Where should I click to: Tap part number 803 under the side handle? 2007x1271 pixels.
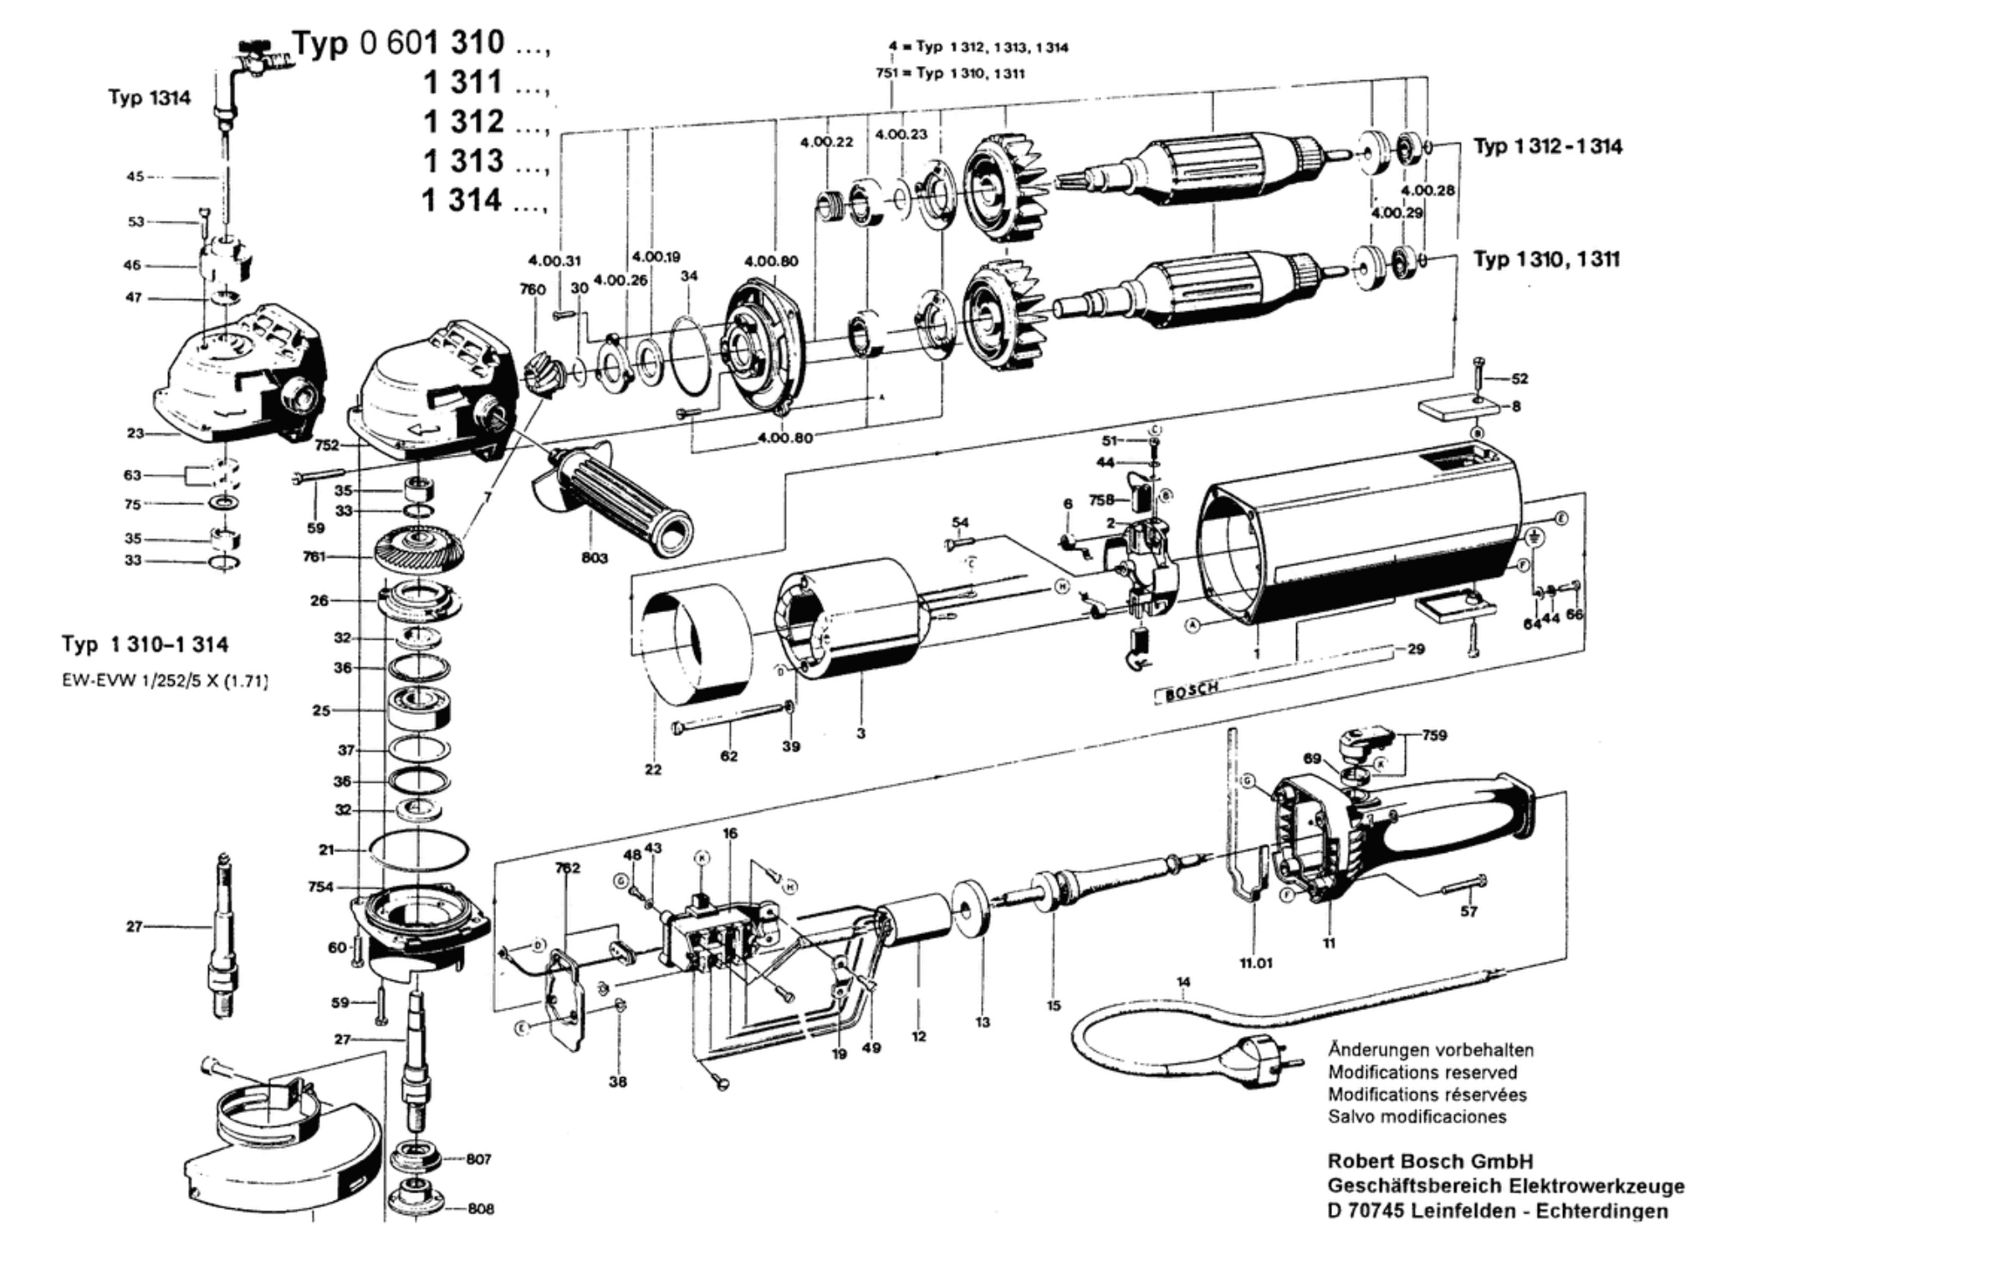tap(595, 558)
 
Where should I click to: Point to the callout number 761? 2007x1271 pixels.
tap(314, 556)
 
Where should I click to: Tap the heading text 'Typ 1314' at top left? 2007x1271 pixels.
tap(149, 98)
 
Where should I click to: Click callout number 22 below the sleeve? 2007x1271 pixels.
tap(653, 769)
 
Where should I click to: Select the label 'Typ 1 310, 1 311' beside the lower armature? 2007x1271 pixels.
tap(1545, 259)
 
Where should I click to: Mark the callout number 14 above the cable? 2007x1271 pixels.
tap(1182, 983)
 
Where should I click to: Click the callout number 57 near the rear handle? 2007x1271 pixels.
tap(1468, 911)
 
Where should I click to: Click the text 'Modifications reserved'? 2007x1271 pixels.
tap(1422, 1072)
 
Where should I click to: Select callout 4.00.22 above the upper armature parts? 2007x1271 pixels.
tap(826, 142)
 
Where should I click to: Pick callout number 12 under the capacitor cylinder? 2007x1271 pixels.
tap(919, 1037)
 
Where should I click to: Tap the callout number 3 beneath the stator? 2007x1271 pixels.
tap(861, 733)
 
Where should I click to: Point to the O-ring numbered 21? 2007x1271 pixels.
tap(418, 851)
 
